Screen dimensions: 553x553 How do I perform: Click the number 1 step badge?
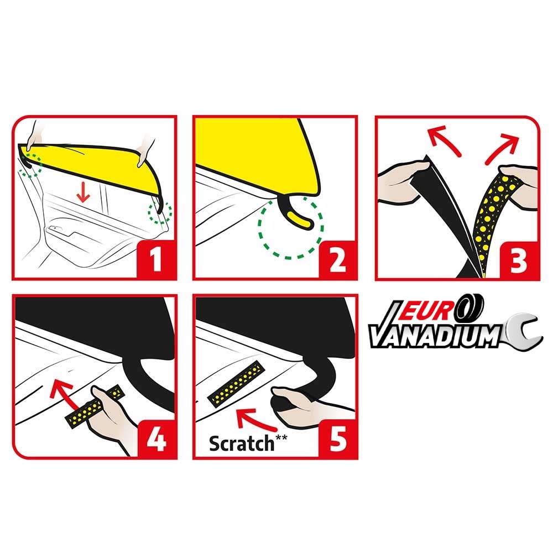coord(156,260)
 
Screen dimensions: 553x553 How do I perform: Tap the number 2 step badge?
coord(337,260)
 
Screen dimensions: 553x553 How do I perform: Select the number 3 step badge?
coord(519,260)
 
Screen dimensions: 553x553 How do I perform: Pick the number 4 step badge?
coord(156,440)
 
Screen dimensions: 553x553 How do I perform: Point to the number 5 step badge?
coord(337,440)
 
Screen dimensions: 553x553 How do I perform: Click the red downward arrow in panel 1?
coord(84,192)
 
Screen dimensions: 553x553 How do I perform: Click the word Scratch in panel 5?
coord(242,444)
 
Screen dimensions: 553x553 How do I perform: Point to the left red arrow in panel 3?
coord(442,141)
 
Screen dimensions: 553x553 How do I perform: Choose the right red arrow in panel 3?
coord(503,148)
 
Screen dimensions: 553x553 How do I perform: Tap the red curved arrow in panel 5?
coord(254,420)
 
